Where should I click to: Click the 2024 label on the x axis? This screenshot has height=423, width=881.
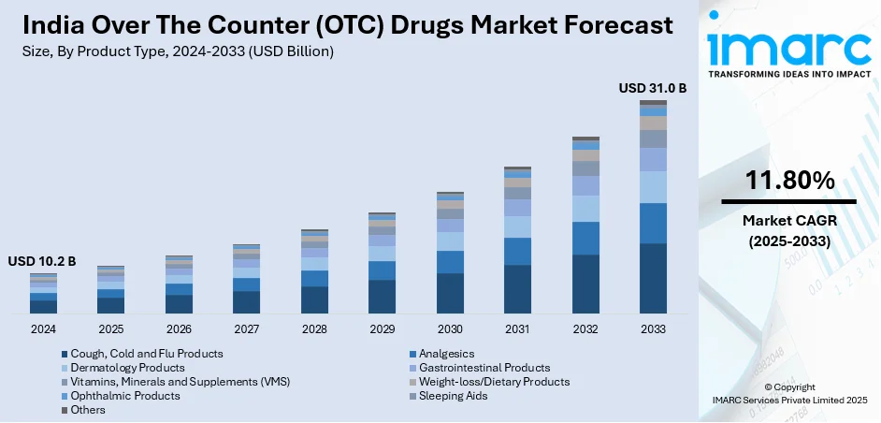[43, 329]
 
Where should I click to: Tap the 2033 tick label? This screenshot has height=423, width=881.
[653, 329]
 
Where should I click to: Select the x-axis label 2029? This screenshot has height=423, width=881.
[382, 329]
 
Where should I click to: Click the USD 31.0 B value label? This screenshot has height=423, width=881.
[653, 88]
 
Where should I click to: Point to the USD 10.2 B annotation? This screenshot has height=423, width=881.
[42, 260]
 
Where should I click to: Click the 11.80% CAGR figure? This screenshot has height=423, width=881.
[789, 182]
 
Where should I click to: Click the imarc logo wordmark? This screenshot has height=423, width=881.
[788, 47]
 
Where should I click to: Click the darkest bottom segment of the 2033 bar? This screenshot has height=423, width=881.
[653, 278]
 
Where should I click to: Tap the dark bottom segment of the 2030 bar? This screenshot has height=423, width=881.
[450, 293]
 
